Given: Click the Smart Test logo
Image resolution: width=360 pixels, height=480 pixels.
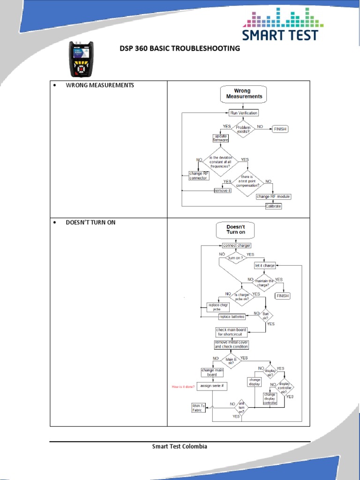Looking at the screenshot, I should coord(281,24).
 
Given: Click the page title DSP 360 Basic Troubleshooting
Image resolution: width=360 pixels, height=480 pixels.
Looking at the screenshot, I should coord(177,48).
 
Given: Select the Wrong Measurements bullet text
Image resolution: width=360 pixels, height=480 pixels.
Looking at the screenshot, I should coord(99,85).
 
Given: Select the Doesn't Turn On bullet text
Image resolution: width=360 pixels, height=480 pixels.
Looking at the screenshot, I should coord(90,222).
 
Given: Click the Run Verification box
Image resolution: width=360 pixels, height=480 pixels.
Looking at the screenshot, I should coord(243,112).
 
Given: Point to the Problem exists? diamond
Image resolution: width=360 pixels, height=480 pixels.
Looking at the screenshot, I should coord(243,129).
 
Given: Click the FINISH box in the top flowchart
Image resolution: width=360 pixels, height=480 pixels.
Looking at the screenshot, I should coord(280,129).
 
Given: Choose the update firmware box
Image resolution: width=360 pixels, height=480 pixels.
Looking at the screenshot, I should coord(220,138).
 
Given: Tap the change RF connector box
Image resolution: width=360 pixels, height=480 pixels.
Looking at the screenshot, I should coord(199,175).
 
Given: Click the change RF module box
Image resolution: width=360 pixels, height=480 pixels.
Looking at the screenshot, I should coord(273,196).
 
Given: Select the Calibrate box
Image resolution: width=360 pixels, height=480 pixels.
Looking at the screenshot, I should coord(273,206).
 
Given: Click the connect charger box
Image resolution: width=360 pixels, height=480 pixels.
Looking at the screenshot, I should coord(236,245).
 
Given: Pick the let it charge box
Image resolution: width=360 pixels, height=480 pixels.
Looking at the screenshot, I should coord(265,265).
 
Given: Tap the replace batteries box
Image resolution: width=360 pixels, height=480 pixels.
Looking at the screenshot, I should coord(232,316).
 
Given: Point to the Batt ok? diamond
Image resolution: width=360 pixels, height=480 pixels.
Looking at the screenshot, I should coord(266,315).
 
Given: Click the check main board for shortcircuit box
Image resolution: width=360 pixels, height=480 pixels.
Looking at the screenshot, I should coord(231,332).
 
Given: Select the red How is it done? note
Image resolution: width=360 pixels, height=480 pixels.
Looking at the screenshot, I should coord(183,386).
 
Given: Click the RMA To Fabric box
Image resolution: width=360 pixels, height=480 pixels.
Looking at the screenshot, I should coord(199,407).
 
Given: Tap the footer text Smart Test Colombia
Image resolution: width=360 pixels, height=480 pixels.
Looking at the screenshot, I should coord(180,446).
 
